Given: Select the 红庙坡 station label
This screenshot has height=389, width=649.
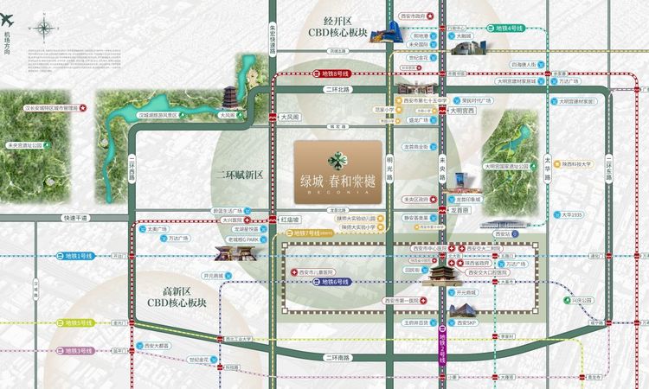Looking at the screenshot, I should point(292,220).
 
